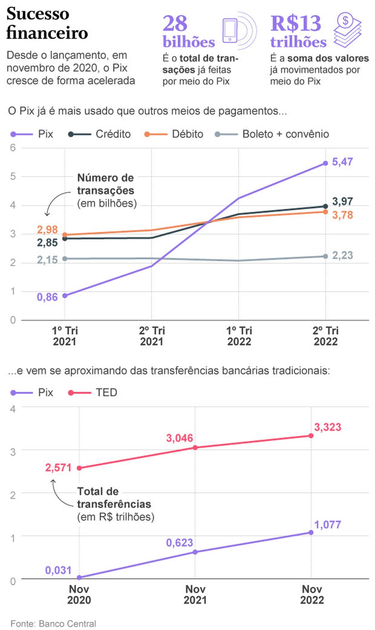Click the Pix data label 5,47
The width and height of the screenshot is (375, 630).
coord(342,162)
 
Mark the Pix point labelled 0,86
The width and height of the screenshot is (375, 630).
coord(65,296)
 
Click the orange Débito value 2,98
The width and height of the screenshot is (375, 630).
coord(47,229)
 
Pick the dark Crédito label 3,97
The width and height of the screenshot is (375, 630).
coord(342,201)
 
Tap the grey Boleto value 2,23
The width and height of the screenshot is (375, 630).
coord(342,255)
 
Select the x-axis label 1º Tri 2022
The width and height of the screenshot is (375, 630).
coord(239,336)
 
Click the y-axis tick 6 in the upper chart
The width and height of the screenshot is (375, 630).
coord(13,148)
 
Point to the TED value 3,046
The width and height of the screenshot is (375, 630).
coord(179,438)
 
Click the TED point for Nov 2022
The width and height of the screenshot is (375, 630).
coord(311,435)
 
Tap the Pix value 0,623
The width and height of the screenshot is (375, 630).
coord(179,542)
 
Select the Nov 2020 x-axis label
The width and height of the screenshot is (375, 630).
coord(79,594)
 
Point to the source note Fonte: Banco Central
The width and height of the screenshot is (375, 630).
coord(53,624)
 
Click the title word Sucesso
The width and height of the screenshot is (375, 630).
coord(38,14)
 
